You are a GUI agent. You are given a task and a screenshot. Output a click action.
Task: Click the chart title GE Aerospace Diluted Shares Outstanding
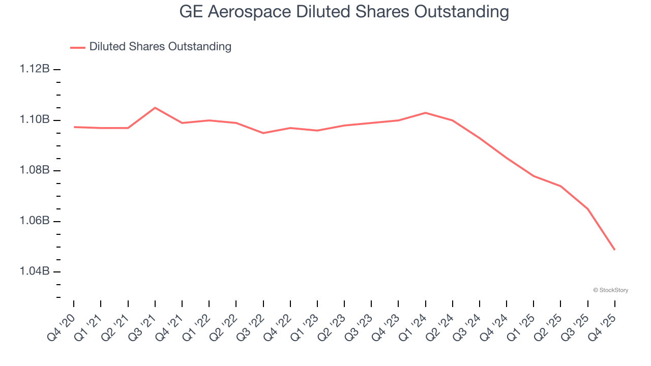click(344, 12)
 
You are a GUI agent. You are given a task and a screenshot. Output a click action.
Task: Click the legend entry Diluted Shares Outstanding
click(160, 47)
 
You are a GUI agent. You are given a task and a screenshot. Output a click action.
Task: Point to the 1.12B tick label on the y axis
click(35, 69)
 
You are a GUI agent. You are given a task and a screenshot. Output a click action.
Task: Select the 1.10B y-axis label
click(35, 120)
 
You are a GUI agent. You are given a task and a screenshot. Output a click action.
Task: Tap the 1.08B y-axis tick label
click(35, 170)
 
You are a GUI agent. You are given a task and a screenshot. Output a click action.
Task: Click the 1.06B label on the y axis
click(35, 221)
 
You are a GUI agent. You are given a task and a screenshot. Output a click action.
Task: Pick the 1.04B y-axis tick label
click(35, 271)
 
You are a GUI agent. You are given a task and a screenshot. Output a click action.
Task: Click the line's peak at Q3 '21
click(155, 108)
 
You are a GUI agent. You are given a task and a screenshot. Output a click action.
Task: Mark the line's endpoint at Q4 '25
click(614, 250)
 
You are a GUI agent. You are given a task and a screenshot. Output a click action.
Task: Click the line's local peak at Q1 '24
click(425, 113)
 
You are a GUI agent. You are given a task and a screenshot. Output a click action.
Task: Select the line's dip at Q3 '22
click(263, 133)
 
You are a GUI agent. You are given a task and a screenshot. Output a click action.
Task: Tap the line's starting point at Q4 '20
click(74, 127)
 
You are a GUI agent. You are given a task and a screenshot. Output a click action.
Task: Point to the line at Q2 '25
click(560, 186)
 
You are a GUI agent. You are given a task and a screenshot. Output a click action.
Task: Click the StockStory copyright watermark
click(611, 290)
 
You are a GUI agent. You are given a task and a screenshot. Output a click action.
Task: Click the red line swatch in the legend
click(78, 47)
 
